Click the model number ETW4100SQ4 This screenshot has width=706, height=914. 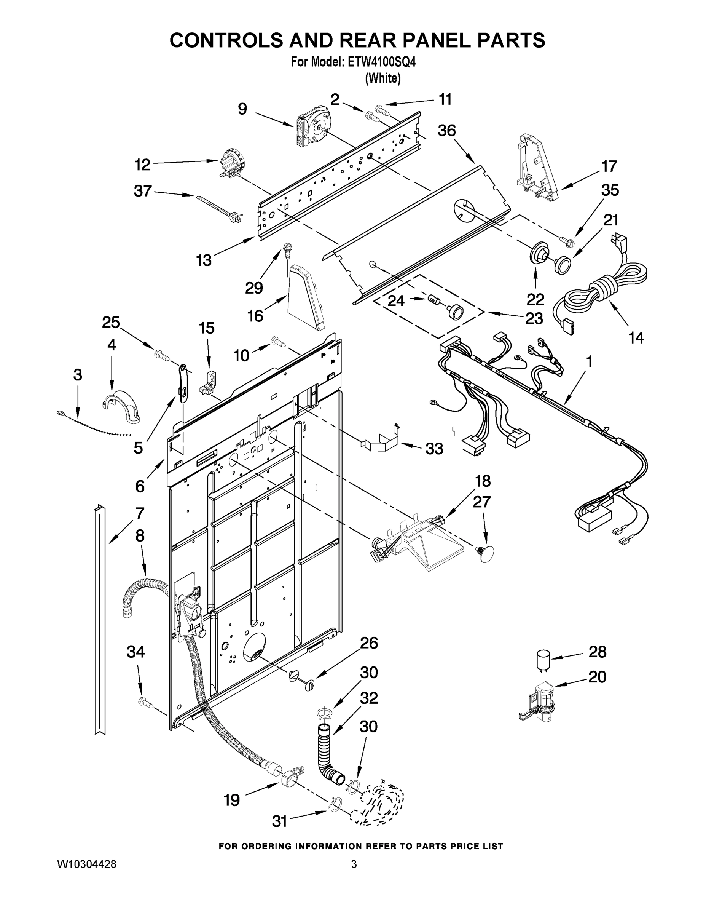click(379, 63)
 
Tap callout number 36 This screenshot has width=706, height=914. click(446, 131)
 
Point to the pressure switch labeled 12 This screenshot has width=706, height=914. click(229, 161)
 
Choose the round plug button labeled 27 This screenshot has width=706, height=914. click(485, 554)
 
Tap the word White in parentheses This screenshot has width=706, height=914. click(383, 78)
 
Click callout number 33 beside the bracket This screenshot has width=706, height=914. click(434, 449)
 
